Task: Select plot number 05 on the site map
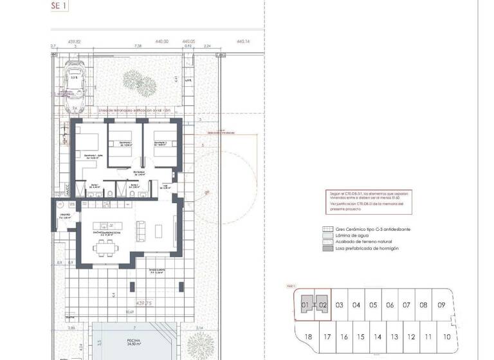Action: (373, 305)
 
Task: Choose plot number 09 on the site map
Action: (441, 305)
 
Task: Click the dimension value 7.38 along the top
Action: (138, 46)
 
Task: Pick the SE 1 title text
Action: (59, 5)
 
